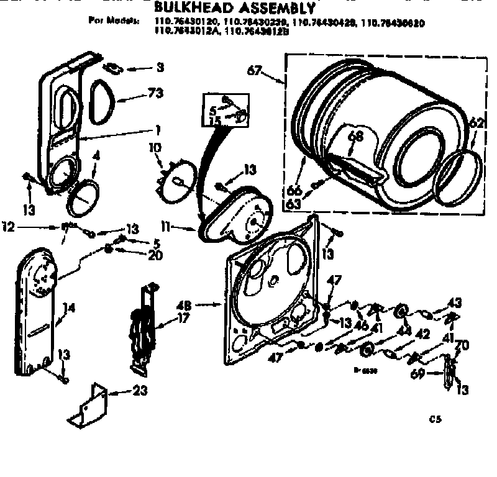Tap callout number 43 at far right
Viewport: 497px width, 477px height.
point(456,302)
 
